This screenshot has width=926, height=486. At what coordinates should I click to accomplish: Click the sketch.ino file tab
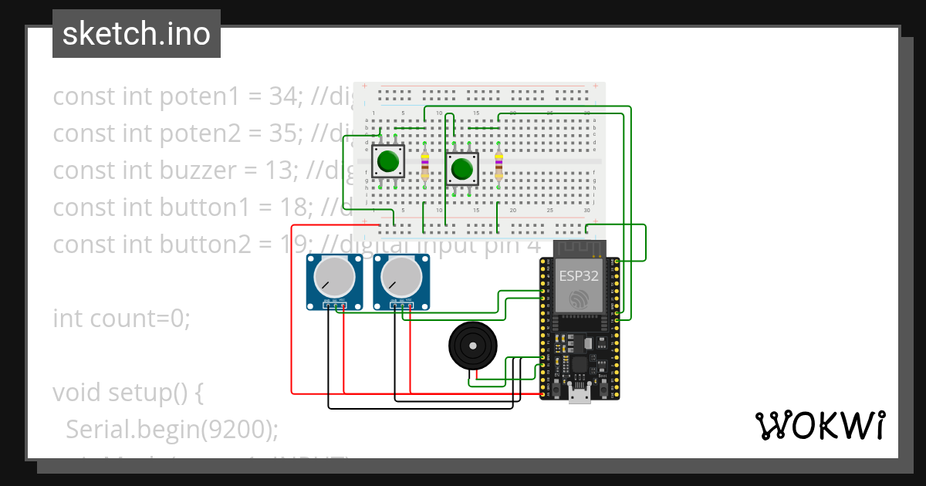click(x=136, y=34)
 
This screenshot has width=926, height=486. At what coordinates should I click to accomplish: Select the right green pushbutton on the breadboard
click(x=462, y=168)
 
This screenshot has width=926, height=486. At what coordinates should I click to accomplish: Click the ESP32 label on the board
click(x=579, y=275)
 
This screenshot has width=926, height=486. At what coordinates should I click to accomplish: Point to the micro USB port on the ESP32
click(x=579, y=394)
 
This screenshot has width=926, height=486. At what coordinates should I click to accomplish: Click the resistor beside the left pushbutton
click(x=425, y=165)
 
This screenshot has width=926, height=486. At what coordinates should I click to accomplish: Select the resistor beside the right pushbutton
click(x=498, y=165)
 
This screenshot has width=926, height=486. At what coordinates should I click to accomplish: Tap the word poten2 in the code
click(x=199, y=134)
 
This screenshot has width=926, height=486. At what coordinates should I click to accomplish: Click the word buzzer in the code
click(x=198, y=170)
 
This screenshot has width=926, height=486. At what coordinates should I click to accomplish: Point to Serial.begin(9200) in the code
click(x=171, y=429)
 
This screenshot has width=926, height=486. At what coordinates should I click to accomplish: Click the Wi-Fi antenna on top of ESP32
click(x=579, y=248)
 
